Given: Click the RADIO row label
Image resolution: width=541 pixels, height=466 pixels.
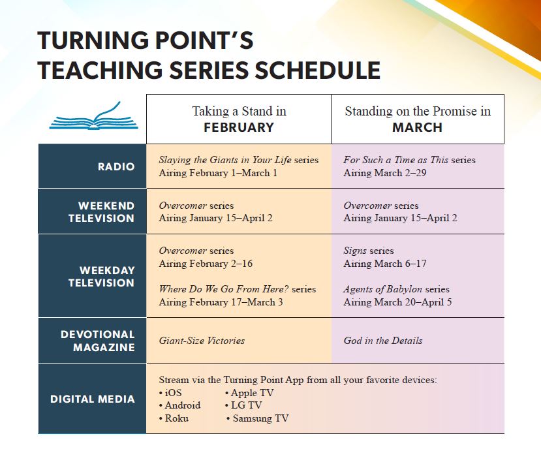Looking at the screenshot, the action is [116, 166].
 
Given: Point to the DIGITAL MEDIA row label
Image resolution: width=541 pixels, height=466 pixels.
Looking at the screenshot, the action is [93, 399].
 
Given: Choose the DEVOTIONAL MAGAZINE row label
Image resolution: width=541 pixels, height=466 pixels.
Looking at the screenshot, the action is [98, 341].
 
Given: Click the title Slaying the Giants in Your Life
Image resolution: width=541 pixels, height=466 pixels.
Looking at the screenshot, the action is [225, 160].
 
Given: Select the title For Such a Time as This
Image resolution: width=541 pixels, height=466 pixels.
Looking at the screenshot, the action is [396, 160].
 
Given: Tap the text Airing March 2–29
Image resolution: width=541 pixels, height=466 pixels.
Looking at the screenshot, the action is [385, 173].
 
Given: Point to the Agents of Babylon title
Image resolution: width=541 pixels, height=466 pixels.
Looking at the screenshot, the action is [382, 289].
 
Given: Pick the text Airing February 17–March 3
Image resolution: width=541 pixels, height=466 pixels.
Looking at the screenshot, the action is [221, 302].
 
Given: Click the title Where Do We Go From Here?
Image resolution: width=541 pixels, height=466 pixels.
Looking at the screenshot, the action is [224, 289].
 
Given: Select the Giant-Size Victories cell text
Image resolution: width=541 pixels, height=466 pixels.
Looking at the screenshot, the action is [202, 341].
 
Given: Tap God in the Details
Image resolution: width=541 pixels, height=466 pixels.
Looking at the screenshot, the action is [383, 341].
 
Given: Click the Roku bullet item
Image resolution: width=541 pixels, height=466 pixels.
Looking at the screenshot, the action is [174, 418].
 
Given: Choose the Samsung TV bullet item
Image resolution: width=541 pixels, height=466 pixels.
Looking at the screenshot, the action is [257, 418].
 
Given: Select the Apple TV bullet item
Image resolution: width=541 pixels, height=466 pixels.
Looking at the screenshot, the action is [249, 393].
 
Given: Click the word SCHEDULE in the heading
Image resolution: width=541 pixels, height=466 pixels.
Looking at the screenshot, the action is [317, 70].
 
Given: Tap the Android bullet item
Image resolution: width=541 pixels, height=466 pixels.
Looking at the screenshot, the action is [179, 405].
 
